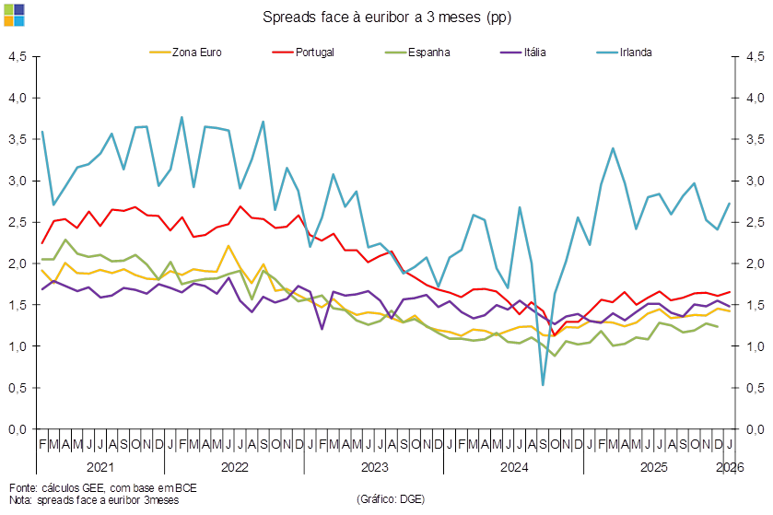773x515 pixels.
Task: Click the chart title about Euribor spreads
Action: pos(387,18)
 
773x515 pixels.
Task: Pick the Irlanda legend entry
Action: pos(637,52)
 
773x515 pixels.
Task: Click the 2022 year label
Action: pos(234,467)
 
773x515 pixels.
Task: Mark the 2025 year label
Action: pos(654,467)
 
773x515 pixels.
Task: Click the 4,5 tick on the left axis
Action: pos(18,56)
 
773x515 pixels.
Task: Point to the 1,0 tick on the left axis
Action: pos(18,346)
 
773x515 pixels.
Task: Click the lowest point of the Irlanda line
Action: pos(544,384)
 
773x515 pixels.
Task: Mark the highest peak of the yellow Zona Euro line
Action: pos(228,246)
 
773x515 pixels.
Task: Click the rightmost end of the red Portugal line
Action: pos(731,292)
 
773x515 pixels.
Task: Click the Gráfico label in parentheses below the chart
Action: pos(390,499)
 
